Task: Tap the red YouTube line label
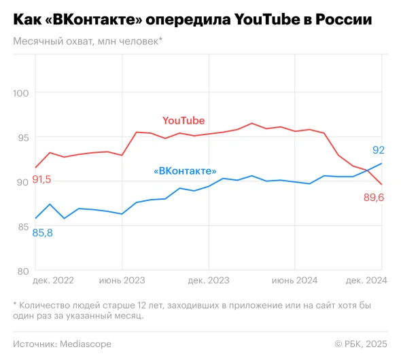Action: coord(184,120)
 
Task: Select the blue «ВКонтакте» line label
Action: coord(185,171)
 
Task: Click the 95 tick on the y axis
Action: coord(24,138)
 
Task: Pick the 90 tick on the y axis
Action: coord(24,182)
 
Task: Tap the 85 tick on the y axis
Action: coord(24,227)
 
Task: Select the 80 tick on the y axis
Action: coord(24,271)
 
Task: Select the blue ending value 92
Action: coord(379,150)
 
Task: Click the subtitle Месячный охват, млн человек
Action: coord(87,41)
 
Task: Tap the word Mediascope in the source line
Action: coord(84,344)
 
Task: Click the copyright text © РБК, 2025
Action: coord(361,344)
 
